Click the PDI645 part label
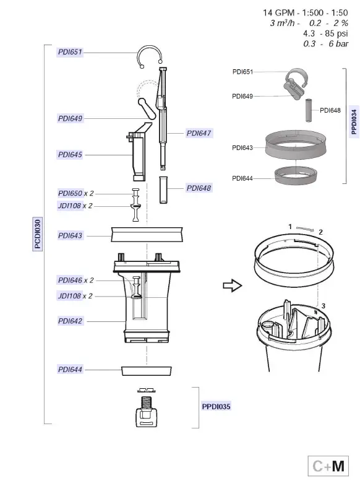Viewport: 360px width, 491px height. pyautogui.click(x=70, y=155)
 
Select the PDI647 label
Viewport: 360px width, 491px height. pyautogui.click(x=199, y=133)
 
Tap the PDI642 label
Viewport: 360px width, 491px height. pyautogui.click(x=70, y=321)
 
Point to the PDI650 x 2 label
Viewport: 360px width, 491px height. pyautogui.click(x=75, y=194)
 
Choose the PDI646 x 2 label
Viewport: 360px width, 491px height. pyautogui.click(x=75, y=280)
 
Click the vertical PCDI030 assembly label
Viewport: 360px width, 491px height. pyautogui.click(x=38, y=234)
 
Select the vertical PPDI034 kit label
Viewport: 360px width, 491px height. pyautogui.click(x=353, y=121)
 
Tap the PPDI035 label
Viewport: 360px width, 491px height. pyautogui.click(x=216, y=407)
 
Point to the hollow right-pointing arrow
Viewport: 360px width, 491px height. pyautogui.click(x=231, y=285)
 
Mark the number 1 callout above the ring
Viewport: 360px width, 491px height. pyautogui.click(x=290, y=227)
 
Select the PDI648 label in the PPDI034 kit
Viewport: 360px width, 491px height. pyautogui.click(x=330, y=111)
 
